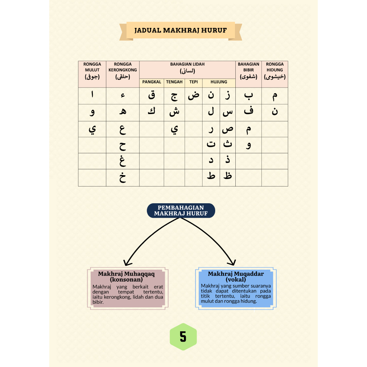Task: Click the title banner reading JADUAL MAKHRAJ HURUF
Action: click(181, 31)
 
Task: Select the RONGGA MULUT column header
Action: click(92, 71)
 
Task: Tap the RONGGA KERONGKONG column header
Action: click(123, 71)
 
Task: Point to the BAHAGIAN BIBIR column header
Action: click(248, 71)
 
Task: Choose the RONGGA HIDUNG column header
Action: click(275, 71)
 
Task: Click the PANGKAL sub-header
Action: click(152, 82)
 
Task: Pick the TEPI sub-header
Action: click(194, 82)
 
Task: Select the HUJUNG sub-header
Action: click(219, 82)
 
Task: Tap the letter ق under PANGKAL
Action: click(152, 95)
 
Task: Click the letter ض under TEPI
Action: click(194, 95)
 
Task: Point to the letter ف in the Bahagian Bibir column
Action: click(248, 110)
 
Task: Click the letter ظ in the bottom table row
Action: click(228, 176)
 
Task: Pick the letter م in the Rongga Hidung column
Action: click(275, 96)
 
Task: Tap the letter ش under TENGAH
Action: click(175, 112)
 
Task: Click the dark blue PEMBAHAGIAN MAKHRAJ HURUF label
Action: click(181, 211)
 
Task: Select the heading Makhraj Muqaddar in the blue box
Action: click(236, 274)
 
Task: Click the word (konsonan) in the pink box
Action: click(126, 279)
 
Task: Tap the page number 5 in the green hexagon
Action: click(183, 337)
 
